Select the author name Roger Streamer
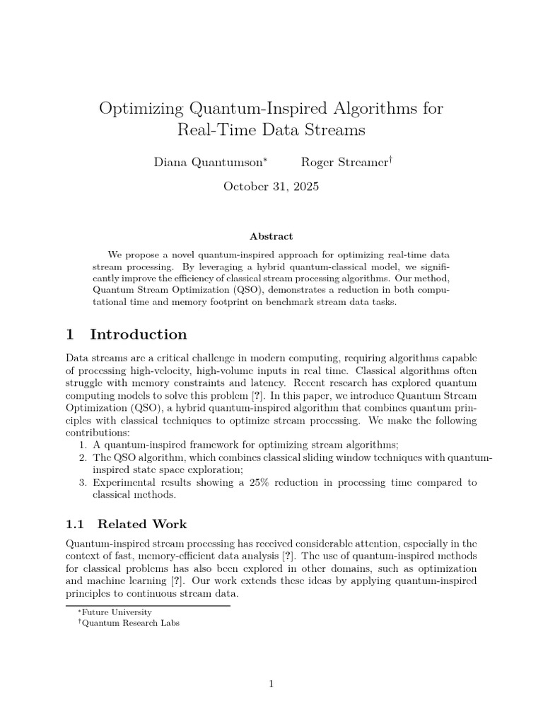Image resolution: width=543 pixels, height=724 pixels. click(x=344, y=162)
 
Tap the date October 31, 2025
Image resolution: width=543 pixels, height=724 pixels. click(x=271, y=187)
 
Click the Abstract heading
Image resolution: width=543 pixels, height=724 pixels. click(x=271, y=236)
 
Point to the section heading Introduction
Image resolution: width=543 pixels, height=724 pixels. click(x=138, y=334)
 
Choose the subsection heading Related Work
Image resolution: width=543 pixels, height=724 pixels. click(x=142, y=524)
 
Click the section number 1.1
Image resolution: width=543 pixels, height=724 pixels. click(x=74, y=524)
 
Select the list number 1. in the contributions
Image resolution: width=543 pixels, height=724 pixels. click(x=83, y=445)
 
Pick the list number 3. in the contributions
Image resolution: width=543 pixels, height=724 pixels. click(x=83, y=483)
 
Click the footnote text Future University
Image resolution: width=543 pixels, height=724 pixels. click(x=117, y=612)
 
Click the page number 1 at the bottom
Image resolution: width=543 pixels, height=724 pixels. click(x=271, y=683)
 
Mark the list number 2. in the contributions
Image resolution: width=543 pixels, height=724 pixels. click(x=83, y=457)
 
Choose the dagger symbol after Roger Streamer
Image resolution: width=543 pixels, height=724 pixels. click(x=390, y=159)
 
